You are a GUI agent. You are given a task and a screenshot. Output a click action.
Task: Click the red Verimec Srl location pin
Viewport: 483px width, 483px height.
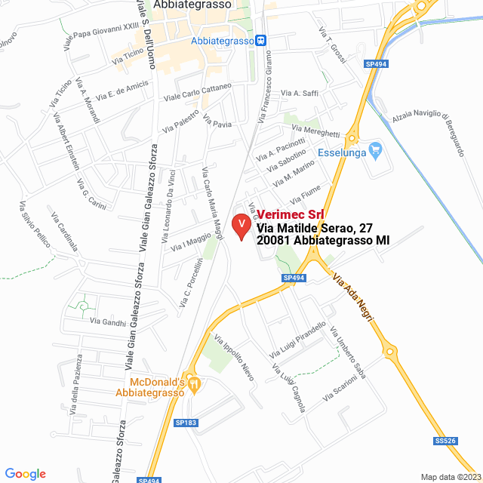point(241,226)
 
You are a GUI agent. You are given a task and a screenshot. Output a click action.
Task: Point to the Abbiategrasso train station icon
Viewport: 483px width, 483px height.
point(260,40)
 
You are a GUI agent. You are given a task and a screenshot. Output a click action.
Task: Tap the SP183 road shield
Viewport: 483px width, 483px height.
point(185,423)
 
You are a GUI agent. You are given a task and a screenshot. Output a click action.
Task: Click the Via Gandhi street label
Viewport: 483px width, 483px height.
point(108,321)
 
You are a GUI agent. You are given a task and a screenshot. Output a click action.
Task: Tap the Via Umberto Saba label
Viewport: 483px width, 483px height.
point(347,352)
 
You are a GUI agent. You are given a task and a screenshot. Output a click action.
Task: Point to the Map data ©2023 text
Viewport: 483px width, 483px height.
point(450,476)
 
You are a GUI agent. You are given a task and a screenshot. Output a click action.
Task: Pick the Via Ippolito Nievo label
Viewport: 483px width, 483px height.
point(233,356)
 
